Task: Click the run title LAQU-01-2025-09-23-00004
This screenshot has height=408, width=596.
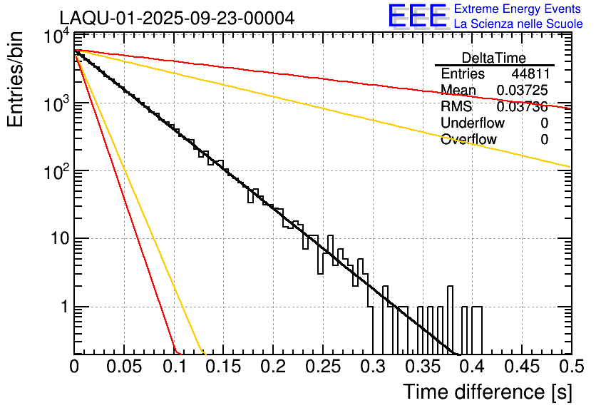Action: (x=177, y=18)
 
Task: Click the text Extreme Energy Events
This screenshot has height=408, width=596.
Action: (x=518, y=9)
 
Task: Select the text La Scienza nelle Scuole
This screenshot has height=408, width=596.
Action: (x=518, y=24)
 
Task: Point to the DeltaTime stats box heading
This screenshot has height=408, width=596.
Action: (x=494, y=58)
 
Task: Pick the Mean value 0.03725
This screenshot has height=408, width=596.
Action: (x=522, y=91)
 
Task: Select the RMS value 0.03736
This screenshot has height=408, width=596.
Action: (x=522, y=107)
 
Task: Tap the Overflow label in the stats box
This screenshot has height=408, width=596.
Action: (x=468, y=140)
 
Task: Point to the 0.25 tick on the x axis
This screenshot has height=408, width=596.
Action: (x=322, y=367)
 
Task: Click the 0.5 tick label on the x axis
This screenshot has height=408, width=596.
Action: (x=570, y=367)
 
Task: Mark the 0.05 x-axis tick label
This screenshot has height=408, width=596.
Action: (x=124, y=367)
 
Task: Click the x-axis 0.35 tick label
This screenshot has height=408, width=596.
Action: (x=421, y=367)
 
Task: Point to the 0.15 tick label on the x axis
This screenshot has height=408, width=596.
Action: (x=223, y=367)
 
